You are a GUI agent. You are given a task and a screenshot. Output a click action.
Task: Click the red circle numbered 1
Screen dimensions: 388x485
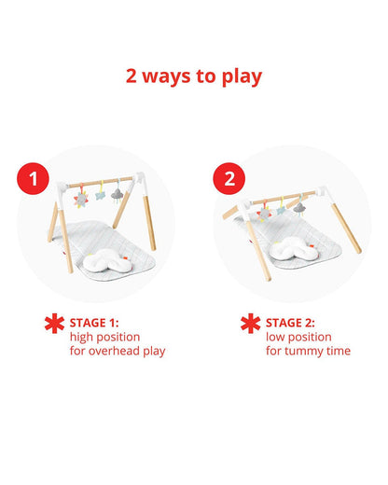click(33, 178)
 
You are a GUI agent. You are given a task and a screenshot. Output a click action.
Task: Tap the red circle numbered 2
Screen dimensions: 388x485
click(229, 178)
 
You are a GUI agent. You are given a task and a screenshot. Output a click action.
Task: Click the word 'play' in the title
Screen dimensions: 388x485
click(242, 77)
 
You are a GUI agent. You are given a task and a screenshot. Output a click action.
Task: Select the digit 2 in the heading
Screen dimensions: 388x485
click(132, 76)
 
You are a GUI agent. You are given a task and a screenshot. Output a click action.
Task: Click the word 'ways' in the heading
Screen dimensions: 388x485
click(166, 77)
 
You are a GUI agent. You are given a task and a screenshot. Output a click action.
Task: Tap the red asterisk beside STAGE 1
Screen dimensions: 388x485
click(54, 324)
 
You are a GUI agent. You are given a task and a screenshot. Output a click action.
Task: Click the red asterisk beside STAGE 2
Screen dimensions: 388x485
click(250, 324)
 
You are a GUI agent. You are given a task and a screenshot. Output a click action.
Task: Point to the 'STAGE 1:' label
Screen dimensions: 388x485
click(94, 323)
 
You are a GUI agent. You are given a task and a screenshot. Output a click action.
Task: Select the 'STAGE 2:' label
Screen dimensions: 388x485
click(290, 323)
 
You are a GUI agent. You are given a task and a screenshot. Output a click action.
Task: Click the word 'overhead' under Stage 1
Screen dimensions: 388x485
click(114, 351)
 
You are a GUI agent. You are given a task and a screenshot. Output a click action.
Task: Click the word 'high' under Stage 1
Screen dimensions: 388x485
click(80, 338)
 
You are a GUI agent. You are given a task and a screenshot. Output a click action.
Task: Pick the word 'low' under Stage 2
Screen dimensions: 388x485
click(275, 337)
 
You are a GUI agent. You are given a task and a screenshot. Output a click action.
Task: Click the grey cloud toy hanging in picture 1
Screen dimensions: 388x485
click(118, 195)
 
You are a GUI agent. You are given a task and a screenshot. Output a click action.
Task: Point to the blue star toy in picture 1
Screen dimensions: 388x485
click(101, 195)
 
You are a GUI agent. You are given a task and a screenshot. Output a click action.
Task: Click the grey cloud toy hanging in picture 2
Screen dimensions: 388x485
click(299, 208)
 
